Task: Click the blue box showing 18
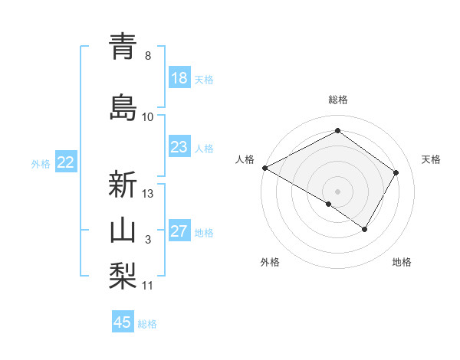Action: point(179,79)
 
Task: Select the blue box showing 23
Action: point(179,148)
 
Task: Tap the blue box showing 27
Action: point(179,232)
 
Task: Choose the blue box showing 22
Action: point(66,162)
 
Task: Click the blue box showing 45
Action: point(123,322)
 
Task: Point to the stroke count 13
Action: point(149,194)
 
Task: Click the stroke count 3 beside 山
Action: point(148,241)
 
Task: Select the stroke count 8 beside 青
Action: point(148,56)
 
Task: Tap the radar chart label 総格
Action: point(338,100)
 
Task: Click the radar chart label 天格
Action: point(432,159)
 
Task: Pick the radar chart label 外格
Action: point(270,263)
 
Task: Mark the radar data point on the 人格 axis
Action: point(264,167)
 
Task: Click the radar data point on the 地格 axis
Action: point(365,229)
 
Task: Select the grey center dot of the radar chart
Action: point(337,190)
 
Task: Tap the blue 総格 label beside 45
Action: point(147,324)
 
